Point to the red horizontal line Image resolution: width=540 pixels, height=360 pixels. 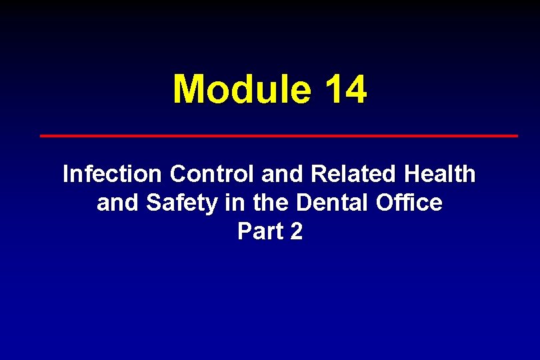pos(279,135)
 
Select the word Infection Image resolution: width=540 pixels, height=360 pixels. pos(111,175)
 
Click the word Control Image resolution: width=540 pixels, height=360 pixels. pos(212,175)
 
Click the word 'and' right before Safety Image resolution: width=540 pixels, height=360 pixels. pos(118,203)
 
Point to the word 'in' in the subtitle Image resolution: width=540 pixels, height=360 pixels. pos(234,203)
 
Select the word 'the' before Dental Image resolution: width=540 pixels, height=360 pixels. pos(269,203)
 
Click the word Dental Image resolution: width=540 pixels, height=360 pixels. pos(329,203)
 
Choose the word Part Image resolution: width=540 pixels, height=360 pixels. pos(259,231)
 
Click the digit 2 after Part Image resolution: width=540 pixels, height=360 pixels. pos(296,231)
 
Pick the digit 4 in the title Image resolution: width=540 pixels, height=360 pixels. pos(355,89)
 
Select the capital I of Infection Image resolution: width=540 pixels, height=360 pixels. pos(65,175)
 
